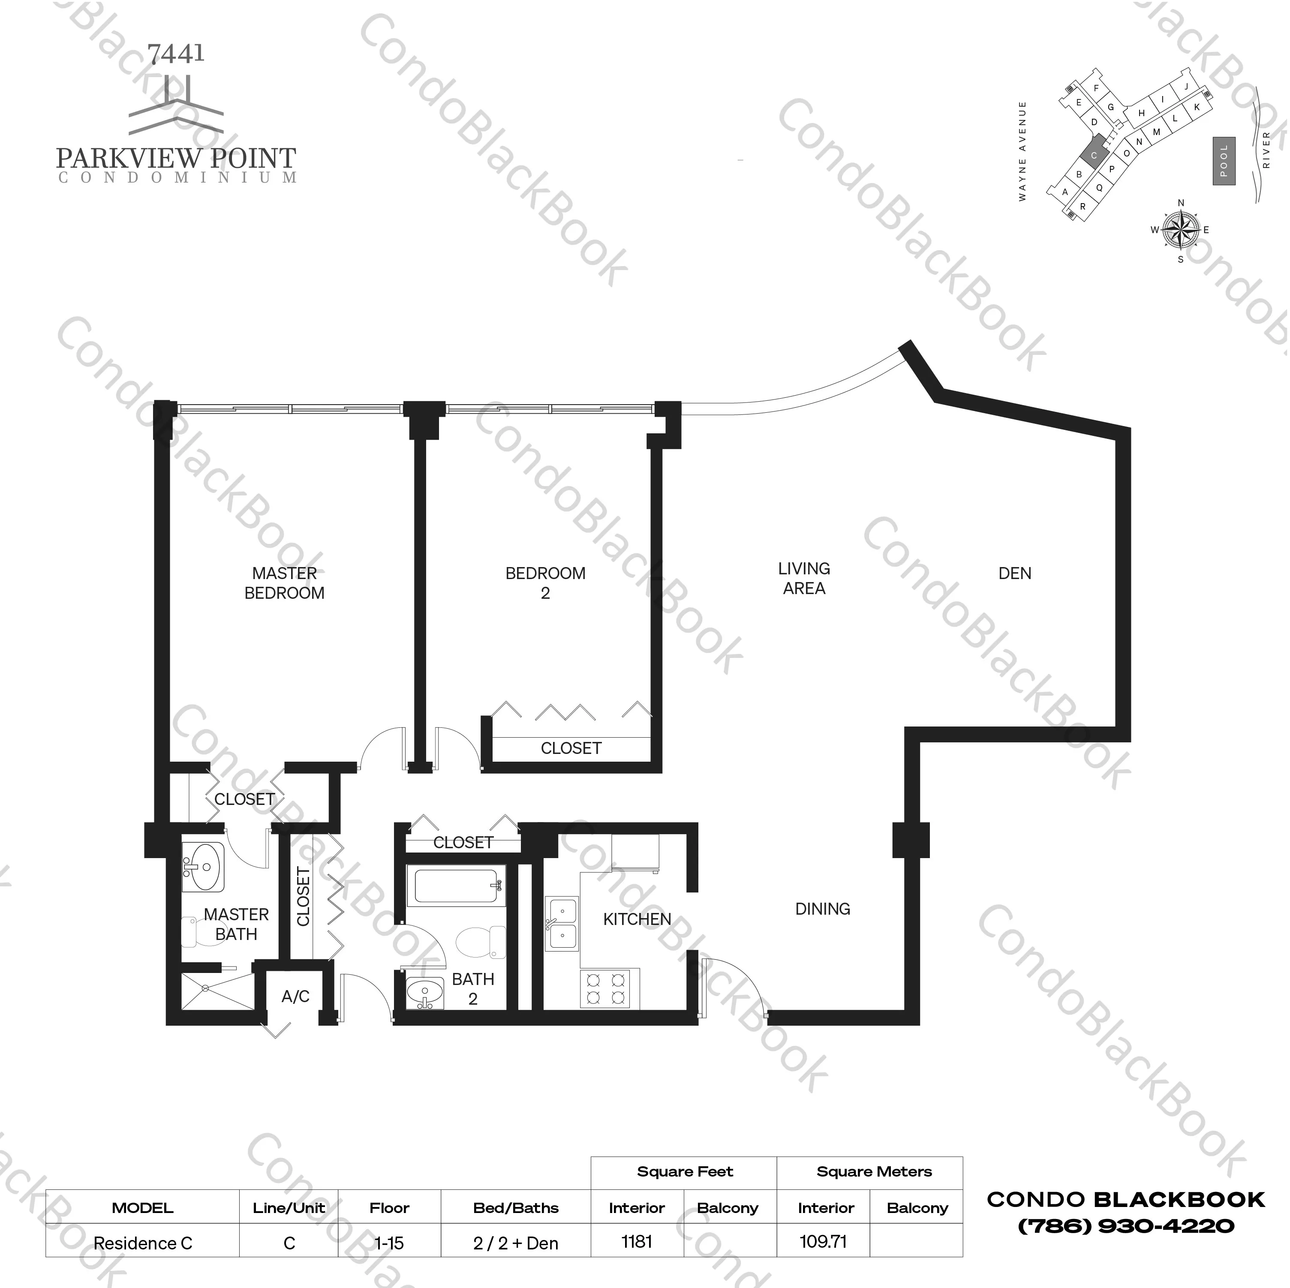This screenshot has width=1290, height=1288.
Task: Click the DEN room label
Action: [1014, 573]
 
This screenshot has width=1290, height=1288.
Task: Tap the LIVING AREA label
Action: [804, 578]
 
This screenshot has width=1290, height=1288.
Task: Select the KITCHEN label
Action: [637, 919]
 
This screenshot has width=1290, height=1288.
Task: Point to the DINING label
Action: [823, 909]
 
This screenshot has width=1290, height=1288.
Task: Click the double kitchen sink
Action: [562, 923]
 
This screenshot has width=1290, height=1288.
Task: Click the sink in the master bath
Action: [204, 867]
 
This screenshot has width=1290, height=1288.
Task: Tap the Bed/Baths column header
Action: [515, 1208]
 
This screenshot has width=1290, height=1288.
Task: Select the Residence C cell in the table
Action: [143, 1243]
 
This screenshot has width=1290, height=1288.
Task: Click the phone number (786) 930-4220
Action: [1126, 1226]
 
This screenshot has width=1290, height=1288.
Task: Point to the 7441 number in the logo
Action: [176, 54]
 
